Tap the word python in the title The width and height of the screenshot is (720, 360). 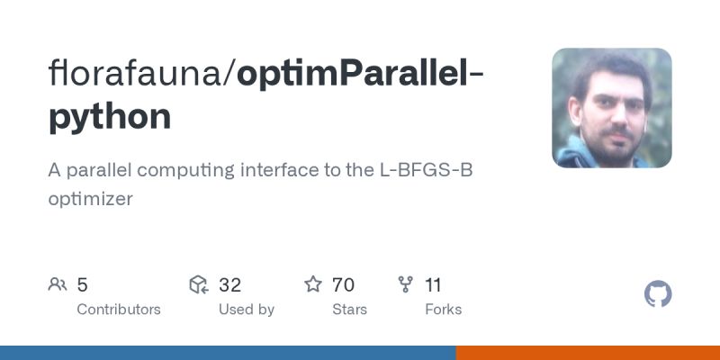(109, 116)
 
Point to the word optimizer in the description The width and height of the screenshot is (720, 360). (90, 199)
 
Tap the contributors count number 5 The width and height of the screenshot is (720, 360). (82, 285)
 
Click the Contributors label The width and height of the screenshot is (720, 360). (119, 310)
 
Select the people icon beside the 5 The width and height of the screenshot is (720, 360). (58, 285)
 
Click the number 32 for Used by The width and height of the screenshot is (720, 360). (229, 285)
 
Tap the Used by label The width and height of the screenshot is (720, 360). (247, 310)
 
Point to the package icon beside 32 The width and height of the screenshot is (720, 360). (199, 285)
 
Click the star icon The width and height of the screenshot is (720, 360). (313, 285)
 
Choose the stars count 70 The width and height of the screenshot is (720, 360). (343, 285)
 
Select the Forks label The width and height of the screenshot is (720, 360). (443, 310)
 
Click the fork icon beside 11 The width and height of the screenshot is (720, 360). (406, 285)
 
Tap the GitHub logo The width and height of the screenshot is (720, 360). (659, 294)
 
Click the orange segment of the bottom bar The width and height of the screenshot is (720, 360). (588, 353)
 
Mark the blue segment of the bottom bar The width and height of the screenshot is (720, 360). (228, 353)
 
